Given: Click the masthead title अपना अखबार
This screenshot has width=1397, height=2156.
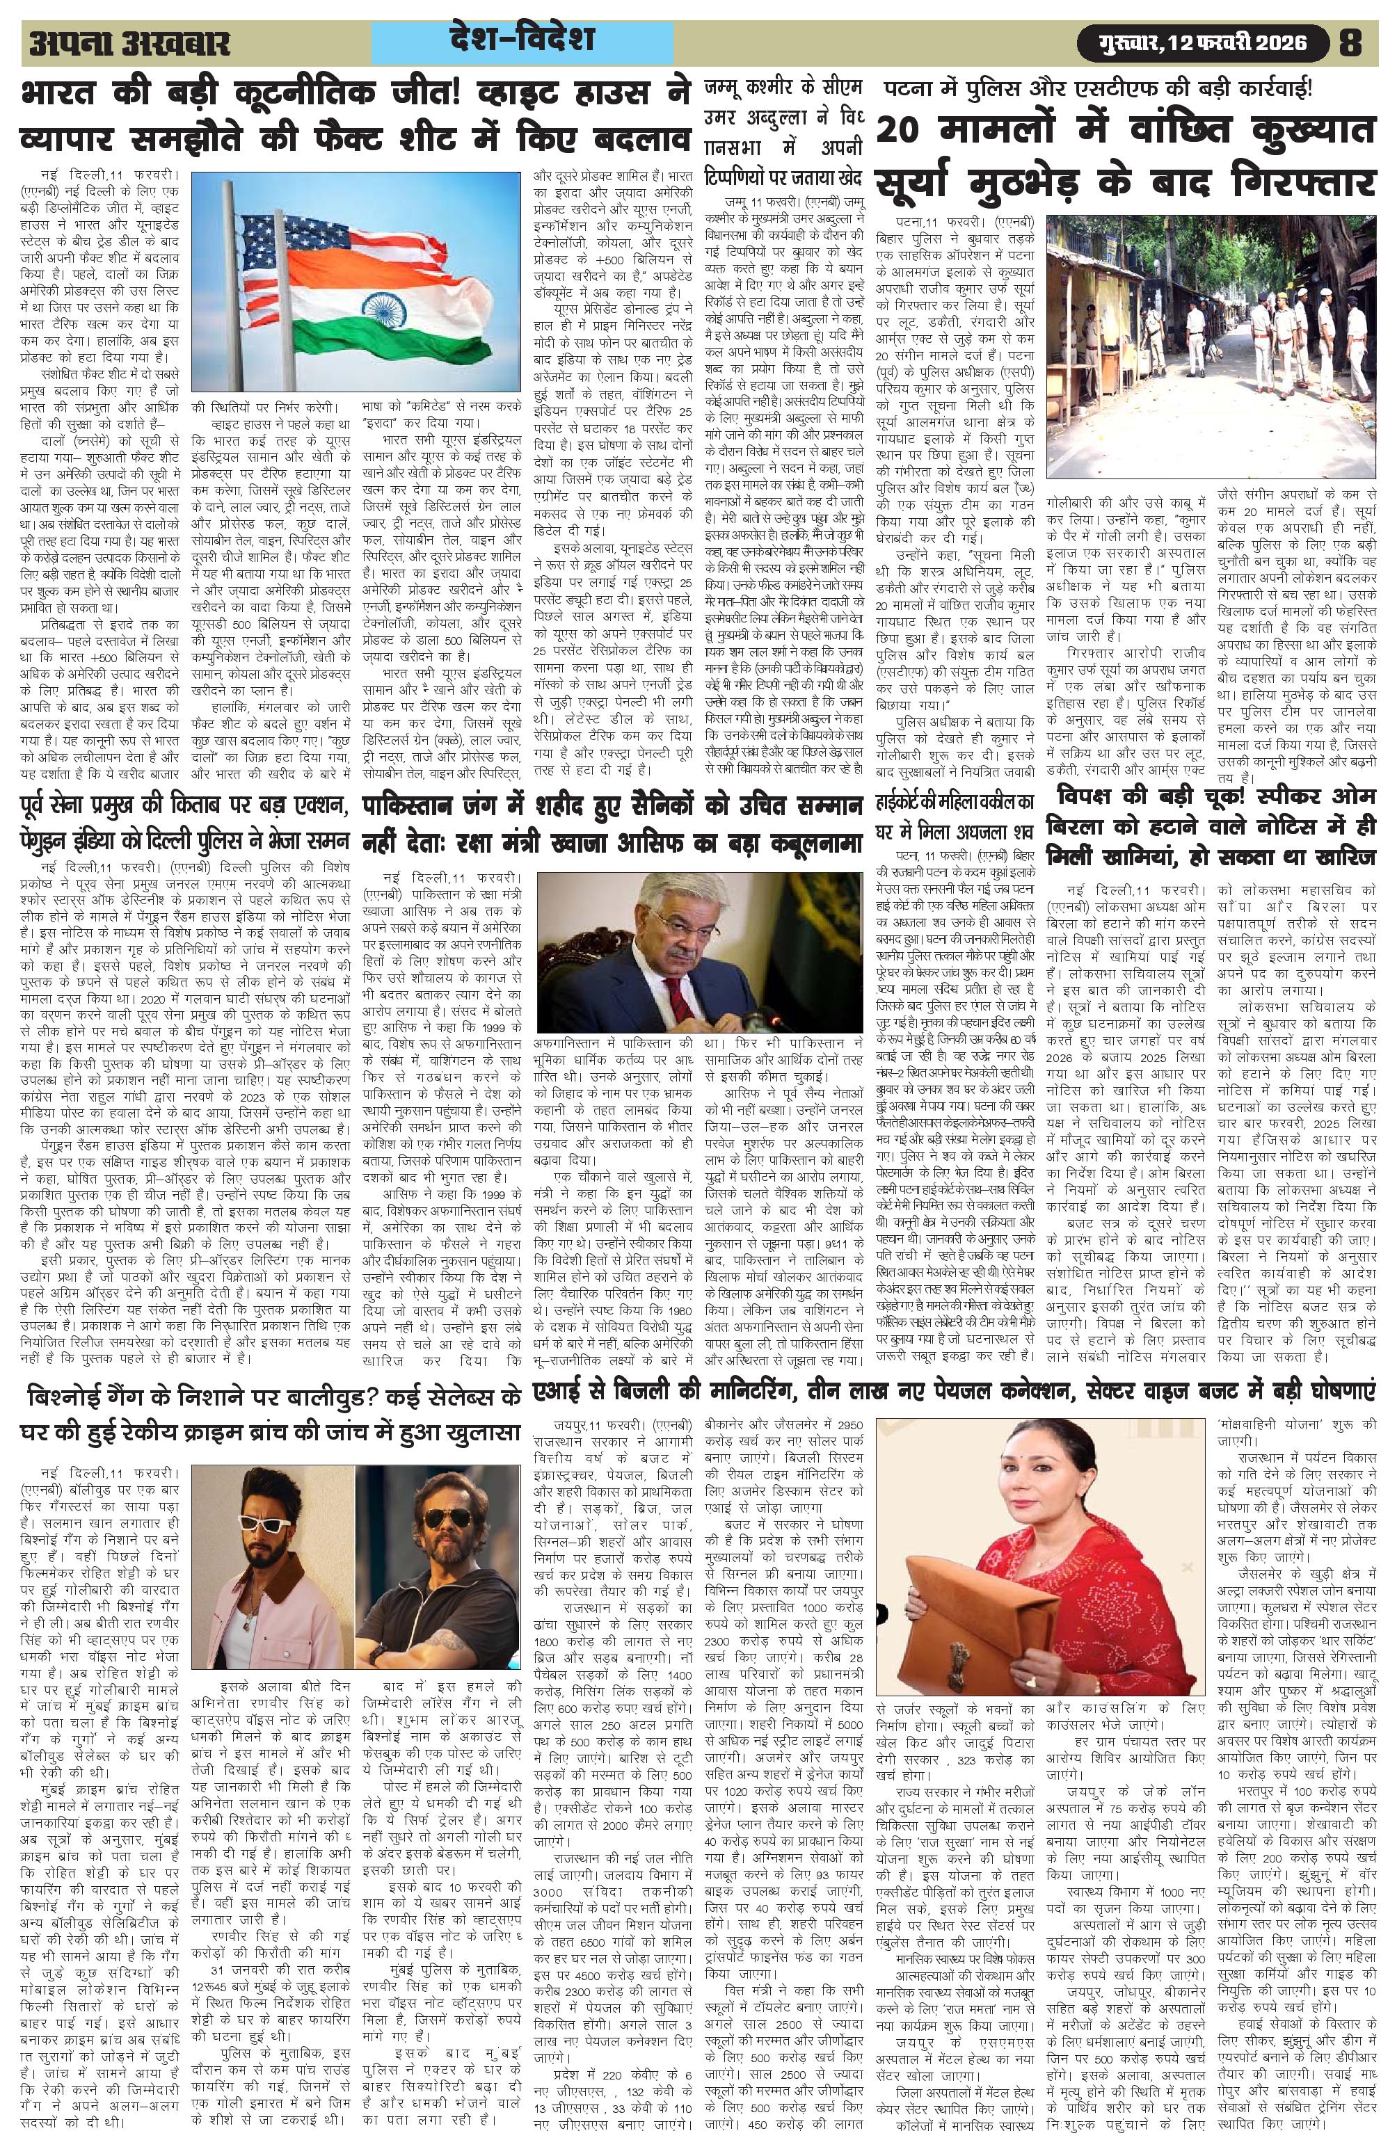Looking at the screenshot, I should coord(129,44).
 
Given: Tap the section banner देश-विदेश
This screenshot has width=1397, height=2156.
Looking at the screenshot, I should coord(521,40).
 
